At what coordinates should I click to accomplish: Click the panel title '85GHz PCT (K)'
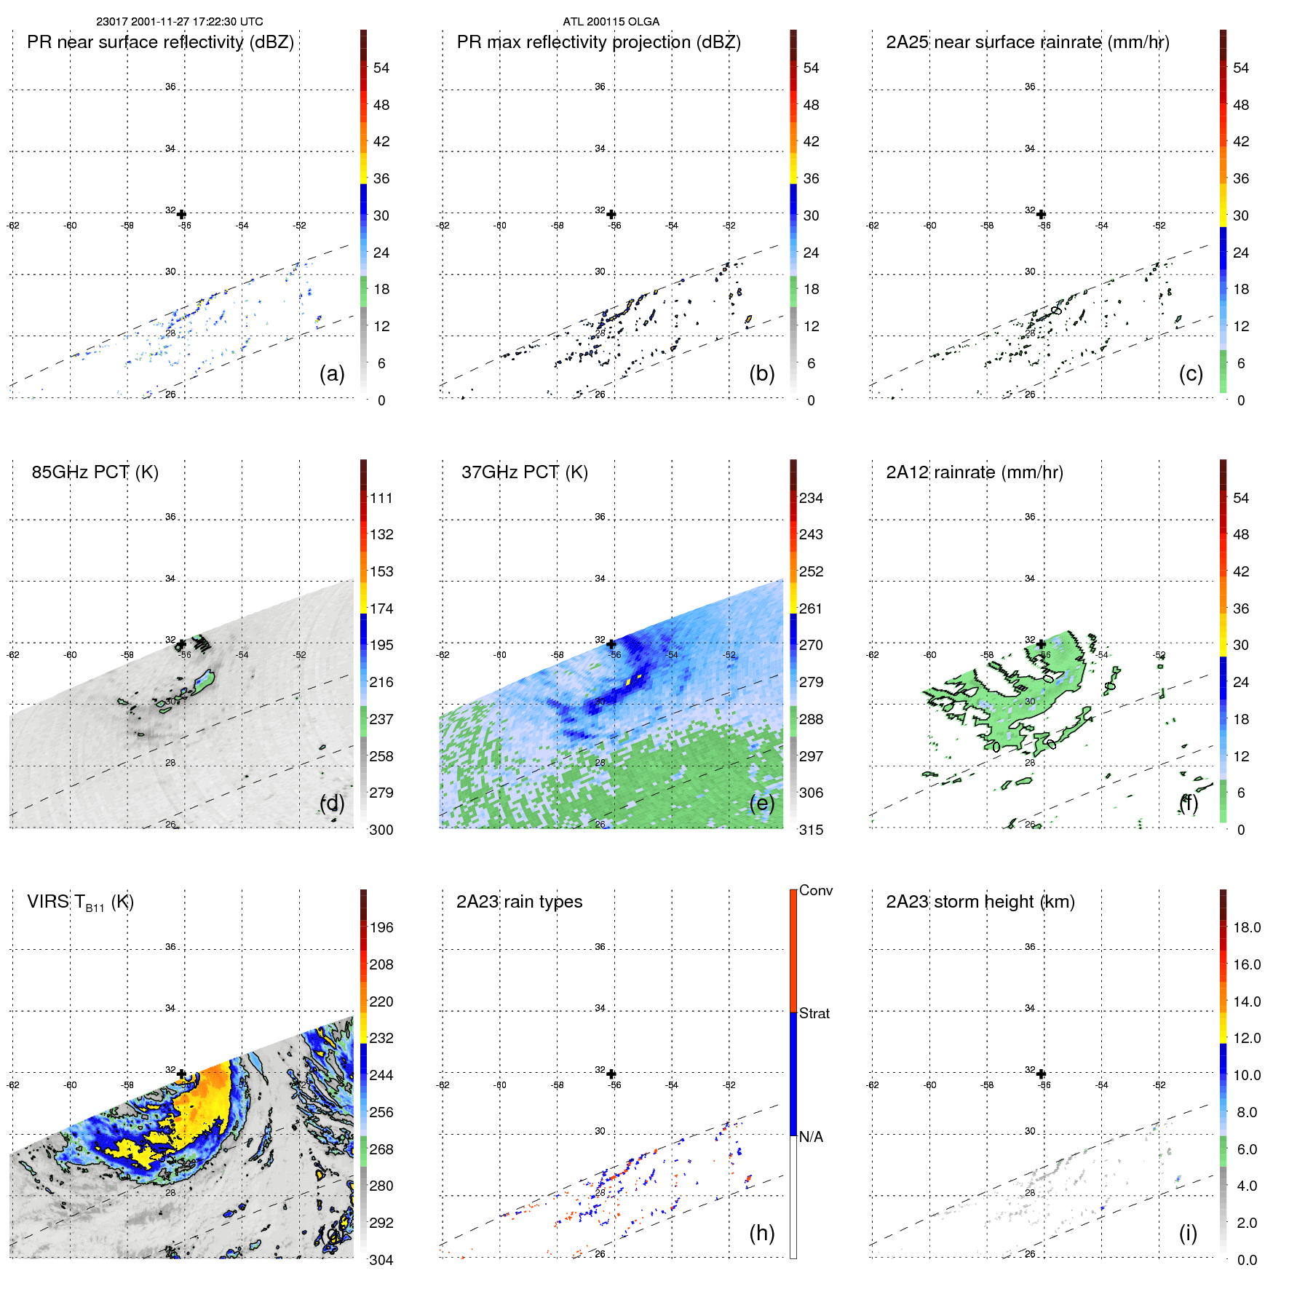(x=95, y=472)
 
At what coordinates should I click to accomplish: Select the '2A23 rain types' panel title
(x=519, y=902)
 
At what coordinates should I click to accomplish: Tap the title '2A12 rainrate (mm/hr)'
(x=974, y=472)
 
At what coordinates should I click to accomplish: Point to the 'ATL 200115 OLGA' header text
(x=611, y=22)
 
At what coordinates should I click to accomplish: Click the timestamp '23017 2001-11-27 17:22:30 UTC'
(x=180, y=22)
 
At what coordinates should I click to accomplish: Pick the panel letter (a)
(x=332, y=373)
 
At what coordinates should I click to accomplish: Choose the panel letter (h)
(x=761, y=1233)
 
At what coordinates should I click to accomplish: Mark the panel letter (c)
(x=1191, y=373)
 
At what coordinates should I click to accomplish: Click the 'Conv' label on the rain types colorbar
(x=816, y=891)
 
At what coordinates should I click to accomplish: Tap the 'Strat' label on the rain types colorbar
(x=814, y=1014)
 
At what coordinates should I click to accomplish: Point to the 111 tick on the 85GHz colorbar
(x=381, y=499)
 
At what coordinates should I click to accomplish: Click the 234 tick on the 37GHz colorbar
(x=811, y=499)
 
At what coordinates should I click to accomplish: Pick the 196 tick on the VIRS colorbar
(x=381, y=928)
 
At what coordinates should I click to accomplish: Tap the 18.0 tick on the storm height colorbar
(x=1247, y=928)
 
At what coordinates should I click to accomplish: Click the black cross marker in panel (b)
(x=611, y=215)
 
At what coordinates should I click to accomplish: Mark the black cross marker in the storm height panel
(x=1041, y=1074)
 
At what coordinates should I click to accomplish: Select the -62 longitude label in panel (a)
(x=13, y=226)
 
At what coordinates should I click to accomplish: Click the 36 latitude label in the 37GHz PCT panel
(x=600, y=517)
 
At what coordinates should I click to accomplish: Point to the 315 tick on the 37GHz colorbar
(x=811, y=830)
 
